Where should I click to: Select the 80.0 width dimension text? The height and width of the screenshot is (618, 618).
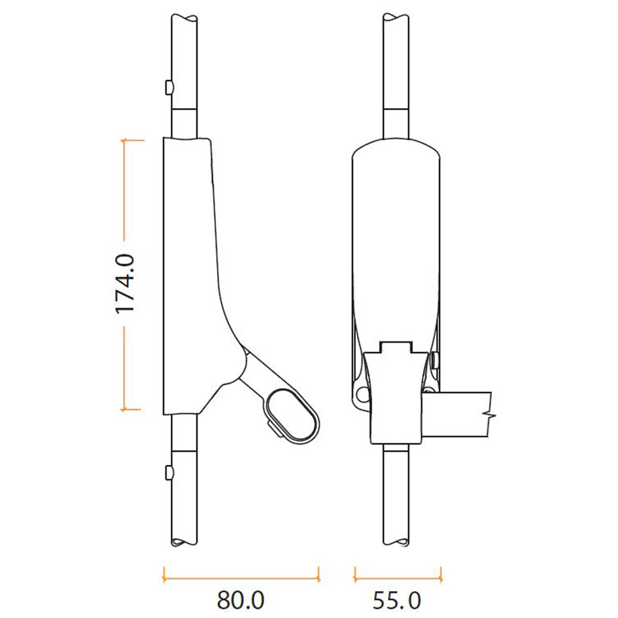pos(240,600)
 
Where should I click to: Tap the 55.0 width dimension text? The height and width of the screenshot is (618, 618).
pos(398,600)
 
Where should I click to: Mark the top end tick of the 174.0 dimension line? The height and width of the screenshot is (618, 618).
pos(131,139)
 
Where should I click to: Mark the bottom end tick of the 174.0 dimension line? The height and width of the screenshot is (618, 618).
pos(131,410)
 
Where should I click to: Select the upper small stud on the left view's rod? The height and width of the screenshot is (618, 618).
pos(169,87)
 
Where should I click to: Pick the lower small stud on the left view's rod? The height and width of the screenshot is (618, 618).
pos(169,472)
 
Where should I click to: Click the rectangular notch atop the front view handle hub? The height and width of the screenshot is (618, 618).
pos(397,347)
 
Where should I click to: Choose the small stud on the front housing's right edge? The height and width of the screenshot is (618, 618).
pos(436,359)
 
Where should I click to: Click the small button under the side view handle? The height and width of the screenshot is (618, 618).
pos(271,427)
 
